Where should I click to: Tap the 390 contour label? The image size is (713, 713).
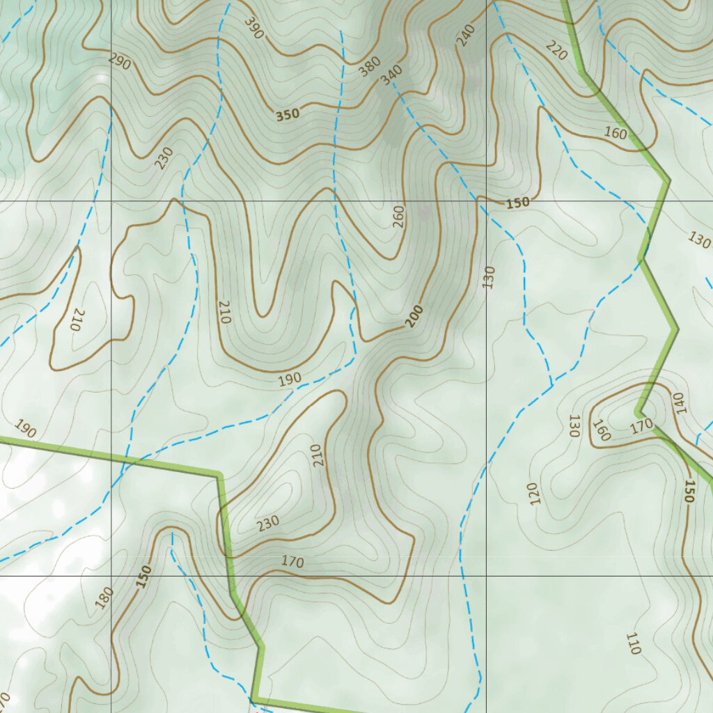pyautogui.click(x=253, y=26)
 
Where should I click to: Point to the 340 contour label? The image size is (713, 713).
pyautogui.click(x=392, y=75)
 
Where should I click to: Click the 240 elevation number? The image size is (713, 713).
pyautogui.click(x=465, y=36)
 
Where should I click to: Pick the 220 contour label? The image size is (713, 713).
pyautogui.click(x=556, y=50)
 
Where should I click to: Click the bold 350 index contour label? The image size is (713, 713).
pyautogui.click(x=287, y=115)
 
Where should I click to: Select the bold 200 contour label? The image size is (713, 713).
pyautogui.click(x=414, y=316)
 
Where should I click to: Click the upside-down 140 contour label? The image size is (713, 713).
pyautogui.click(x=678, y=402)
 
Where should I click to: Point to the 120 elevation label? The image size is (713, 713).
pyautogui.click(x=534, y=494)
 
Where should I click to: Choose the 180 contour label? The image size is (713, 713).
pyautogui.click(x=104, y=597)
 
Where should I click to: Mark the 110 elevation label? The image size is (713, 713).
pyautogui.click(x=633, y=644)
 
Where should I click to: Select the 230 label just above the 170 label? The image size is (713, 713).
pyautogui.click(x=268, y=522)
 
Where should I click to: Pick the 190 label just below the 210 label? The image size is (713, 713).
pyautogui.click(x=290, y=379)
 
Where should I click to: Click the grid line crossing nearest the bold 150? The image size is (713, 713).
pyautogui.click(x=486, y=201)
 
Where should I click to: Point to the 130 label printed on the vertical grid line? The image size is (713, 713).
pyautogui.click(x=488, y=276)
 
